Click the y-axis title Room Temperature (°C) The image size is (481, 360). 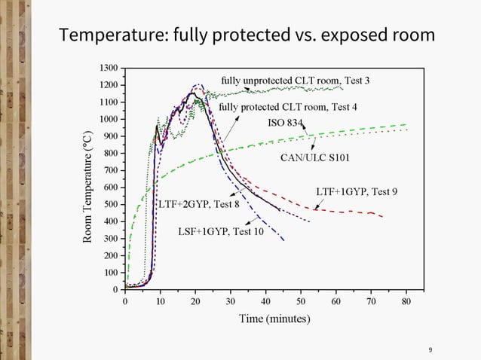pyautogui.click(x=87, y=187)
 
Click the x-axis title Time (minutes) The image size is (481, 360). pyautogui.click(x=274, y=319)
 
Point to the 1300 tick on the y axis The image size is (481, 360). pyautogui.click(x=108, y=69)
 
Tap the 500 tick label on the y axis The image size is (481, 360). pyautogui.click(x=109, y=204)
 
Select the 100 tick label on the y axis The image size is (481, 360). pyautogui.click(x=109, y=273)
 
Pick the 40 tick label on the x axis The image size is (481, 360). pyautogui.click(x=266, y=301)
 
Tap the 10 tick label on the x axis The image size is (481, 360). pyautogui.click(x=161, y=301)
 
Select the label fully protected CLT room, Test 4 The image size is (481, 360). pyautogui.click(x=288, y=107)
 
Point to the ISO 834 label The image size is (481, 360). pyautogui.click(x=285, y=123)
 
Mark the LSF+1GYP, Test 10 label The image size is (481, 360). pyautogui.click(x=220, y=231)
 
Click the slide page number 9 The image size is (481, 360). pyautogui.click(x=430, y=350)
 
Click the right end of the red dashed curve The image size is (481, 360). pyautogui.click(x=383, y=218)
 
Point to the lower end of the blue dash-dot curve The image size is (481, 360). pyautogui.click(x=283, y=240)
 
